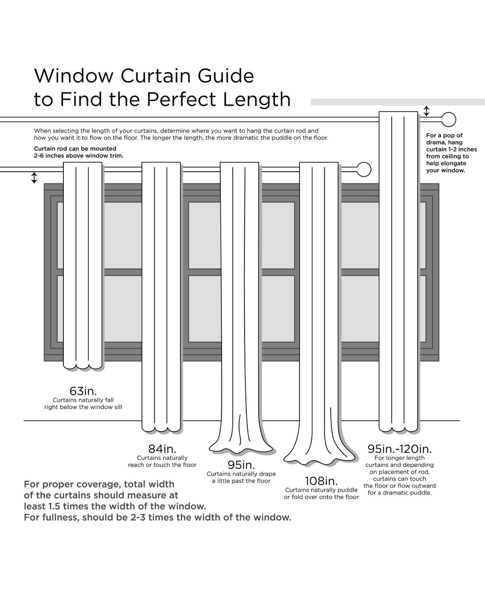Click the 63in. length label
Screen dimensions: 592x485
(x=83, y=391)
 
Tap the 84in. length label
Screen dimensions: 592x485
(x=162, y=449)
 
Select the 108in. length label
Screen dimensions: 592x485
(x=321, y=481)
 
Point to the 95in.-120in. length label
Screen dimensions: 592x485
(x=399, y=449)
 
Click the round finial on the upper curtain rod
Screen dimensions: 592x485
(x=449, y=120)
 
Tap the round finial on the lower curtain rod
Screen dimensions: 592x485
(x=364, y=170)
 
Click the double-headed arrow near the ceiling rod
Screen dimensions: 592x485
(x=426, y=111)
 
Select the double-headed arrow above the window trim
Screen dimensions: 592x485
(x=34, y=178)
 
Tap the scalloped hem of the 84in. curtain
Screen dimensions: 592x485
(x=161, y=428)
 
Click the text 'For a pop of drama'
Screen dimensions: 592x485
(x=444, y=139)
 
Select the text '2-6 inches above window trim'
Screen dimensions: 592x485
(x=79, y=156)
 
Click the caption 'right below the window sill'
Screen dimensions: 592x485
(x=83, y=407)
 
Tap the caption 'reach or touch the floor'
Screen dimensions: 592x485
(x=162, y=465)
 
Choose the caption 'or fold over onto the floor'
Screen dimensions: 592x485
(x=321, y=497)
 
